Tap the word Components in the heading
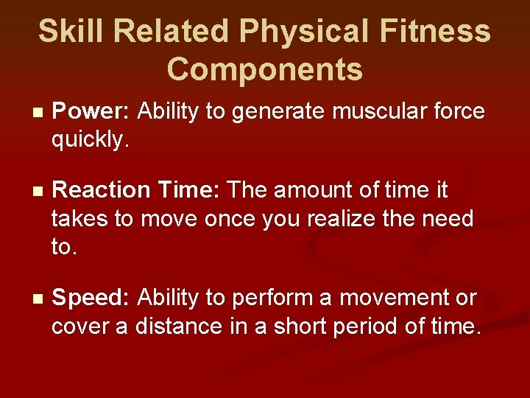tap(265, 69)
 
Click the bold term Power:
tap(92, 112)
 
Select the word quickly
tap(90, 139)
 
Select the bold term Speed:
tap(91, 298)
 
